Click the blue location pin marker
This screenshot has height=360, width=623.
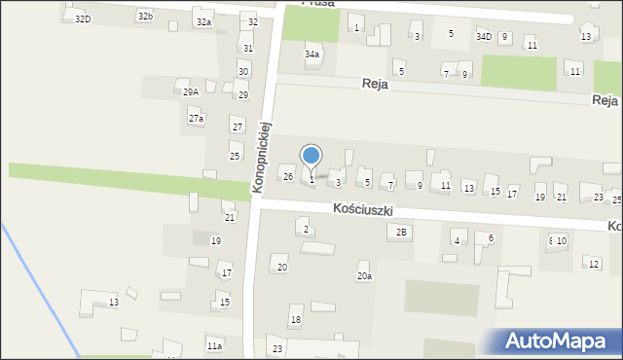[x=311, y=156]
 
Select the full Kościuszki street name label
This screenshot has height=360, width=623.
[x=362, y=208]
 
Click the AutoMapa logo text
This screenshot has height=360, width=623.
[x=562, y=342]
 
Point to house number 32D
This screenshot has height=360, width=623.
[x=83, y=18]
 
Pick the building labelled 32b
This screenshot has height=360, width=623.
[x=145, y=17]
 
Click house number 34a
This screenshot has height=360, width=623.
[x=311, y=54]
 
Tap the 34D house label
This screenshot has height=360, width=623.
[x=484, y=36]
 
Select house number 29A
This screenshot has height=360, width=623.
[x=191, y=92]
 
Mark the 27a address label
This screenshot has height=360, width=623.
[x=196, y=119]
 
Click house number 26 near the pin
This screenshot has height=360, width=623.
[x=288, y=176]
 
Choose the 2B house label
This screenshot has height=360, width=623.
[x=401, y=232]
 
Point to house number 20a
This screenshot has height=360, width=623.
[x=363, y=276]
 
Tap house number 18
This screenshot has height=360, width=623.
[x=296, y=319]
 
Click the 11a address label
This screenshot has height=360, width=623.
[x=214, y=345]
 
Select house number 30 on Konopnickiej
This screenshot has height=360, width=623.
[x=243, y=72]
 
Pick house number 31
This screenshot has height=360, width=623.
[x=248, y=48]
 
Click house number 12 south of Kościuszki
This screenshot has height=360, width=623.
[x=594, y=264]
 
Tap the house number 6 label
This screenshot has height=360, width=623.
[x=491, y=237]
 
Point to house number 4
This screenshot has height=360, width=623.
[x=456, y=240]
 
